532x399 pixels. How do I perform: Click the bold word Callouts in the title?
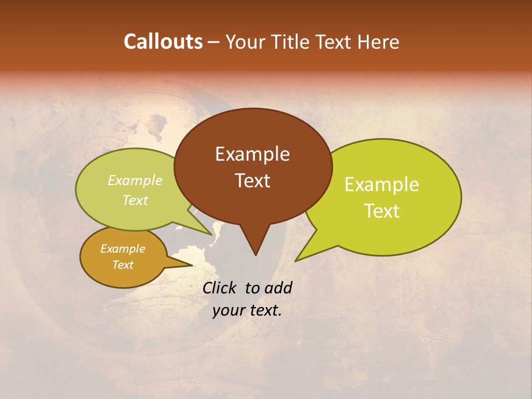click(163, 42)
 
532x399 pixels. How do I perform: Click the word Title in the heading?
click(294, 42)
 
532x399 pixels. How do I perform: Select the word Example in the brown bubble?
click(252, 154)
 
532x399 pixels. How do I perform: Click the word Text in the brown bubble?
click(252, 180)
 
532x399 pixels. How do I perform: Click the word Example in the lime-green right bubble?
click(382, 185)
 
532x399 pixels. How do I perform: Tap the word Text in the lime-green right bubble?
click(382, 211)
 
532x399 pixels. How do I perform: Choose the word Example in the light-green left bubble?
click(135, 181)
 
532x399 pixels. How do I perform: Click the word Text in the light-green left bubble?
click(135, 201)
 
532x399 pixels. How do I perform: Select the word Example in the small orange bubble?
click(122, 249)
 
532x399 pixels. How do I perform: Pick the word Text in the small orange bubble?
click(122, 265)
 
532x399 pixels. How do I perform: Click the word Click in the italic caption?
click(221, 288)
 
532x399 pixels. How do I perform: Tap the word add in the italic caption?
click(279, 288)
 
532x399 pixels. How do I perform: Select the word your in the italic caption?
click(228, 311)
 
